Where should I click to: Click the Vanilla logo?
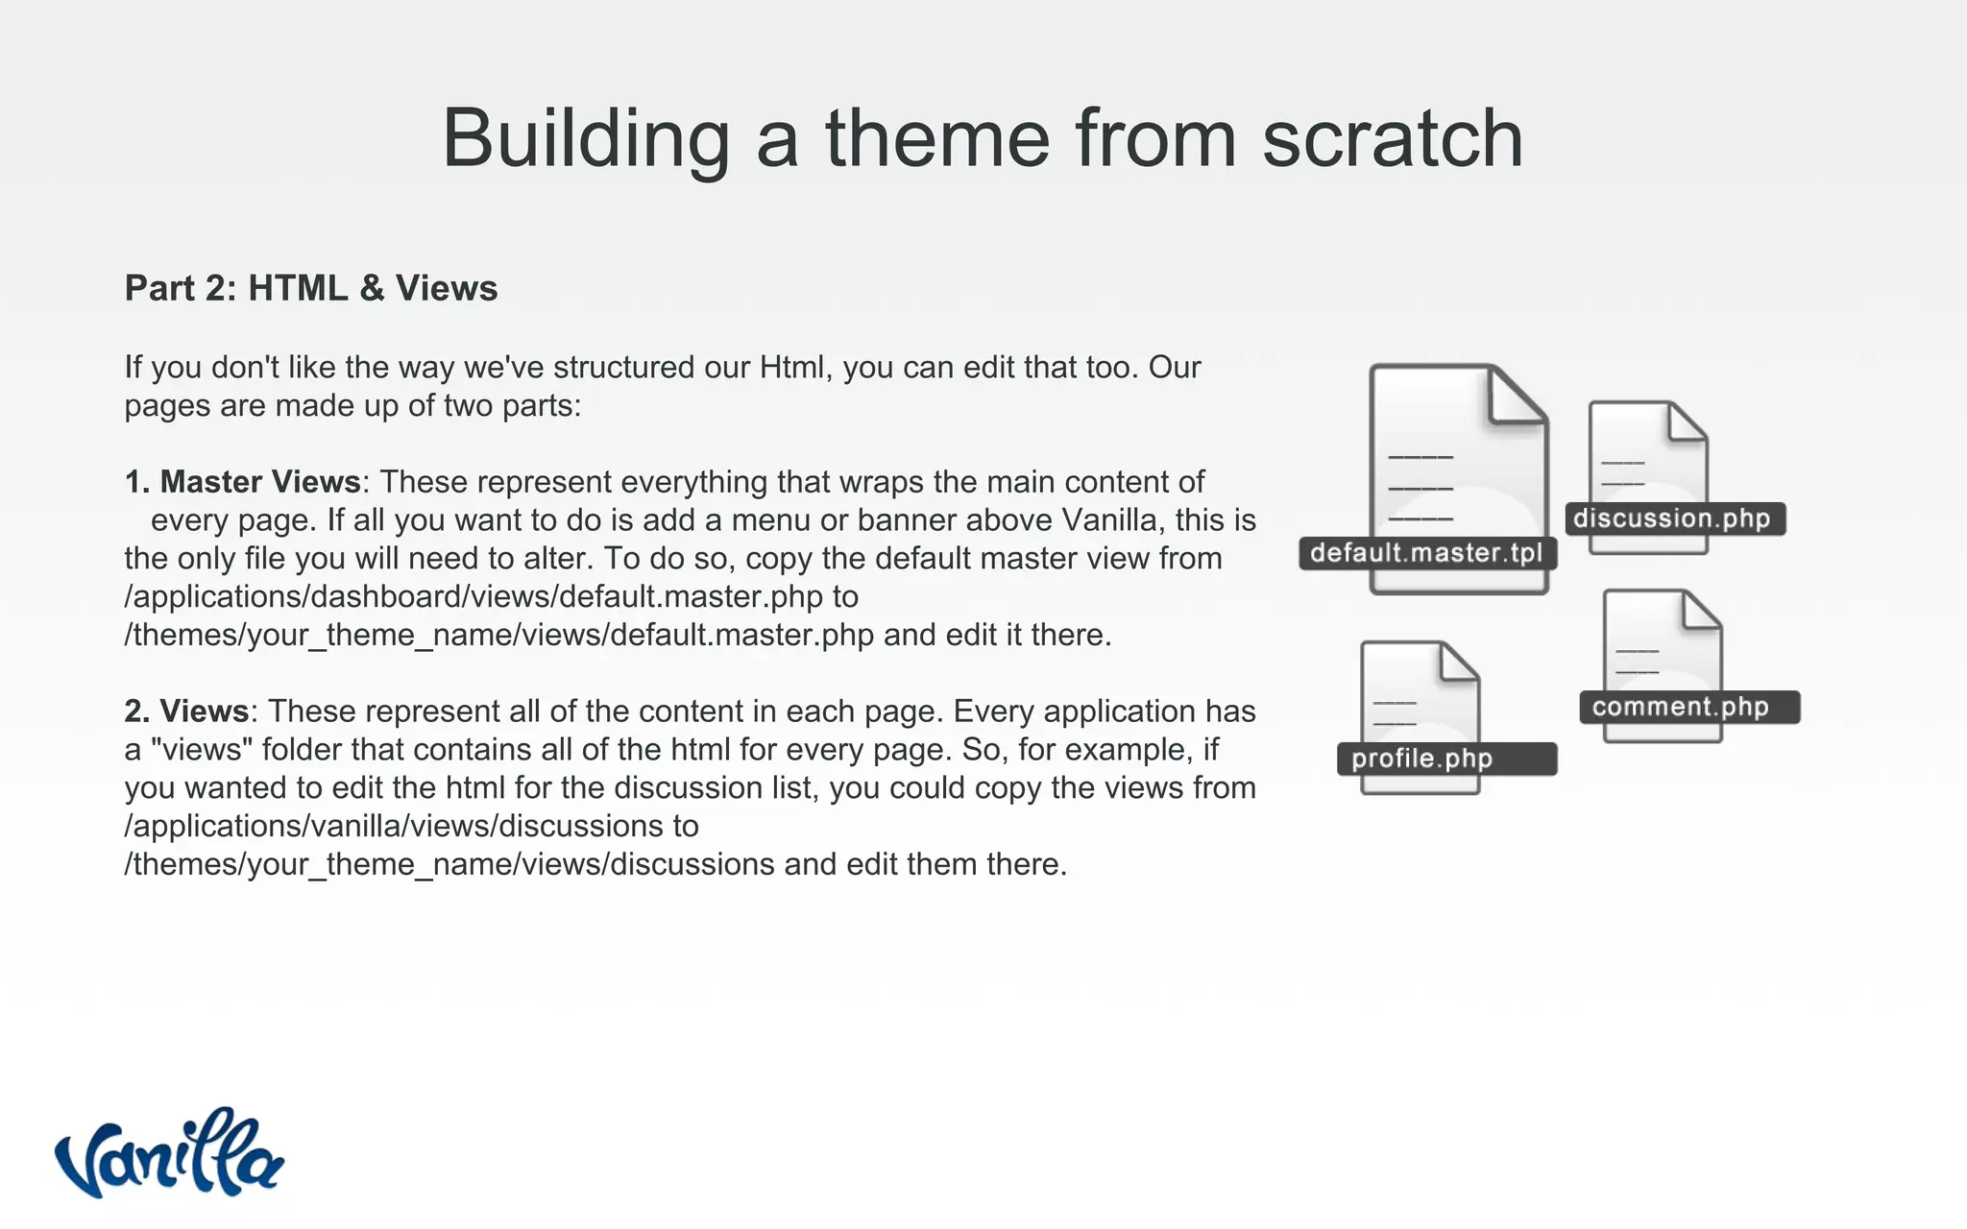pos(169,1154)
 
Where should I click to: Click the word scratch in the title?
pos(1392,138)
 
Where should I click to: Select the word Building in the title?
pos(586,138)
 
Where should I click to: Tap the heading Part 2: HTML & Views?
pos(311,288)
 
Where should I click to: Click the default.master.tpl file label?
pos(1426,553)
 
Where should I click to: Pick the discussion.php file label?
pos(1672,518)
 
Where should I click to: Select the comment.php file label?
pos(1681,708)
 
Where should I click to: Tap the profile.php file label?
pos(1422,759)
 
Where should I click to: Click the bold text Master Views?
pos(260,481)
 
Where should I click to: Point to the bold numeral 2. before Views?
pos(137,711)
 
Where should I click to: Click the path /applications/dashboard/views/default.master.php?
pos(474,597)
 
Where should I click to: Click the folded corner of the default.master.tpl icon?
pos(1516,396)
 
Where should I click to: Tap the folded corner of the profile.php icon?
pos(1458,662)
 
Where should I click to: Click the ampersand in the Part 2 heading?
pos(372,288)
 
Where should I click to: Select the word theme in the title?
pos(935,138)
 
